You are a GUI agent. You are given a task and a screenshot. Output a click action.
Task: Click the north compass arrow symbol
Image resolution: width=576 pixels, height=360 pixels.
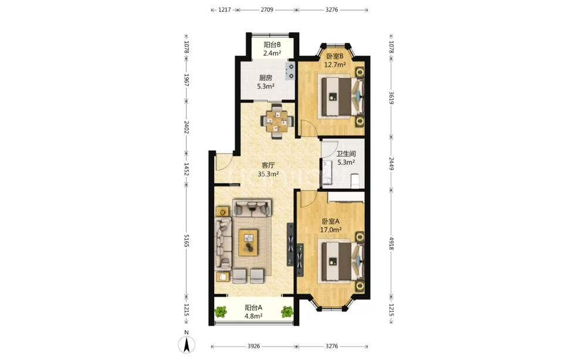tap(187, 345)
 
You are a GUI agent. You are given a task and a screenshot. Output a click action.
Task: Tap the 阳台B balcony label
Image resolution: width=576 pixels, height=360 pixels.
tap(272, 45)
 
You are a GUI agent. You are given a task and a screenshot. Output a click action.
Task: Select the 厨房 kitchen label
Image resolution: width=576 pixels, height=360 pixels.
tap(266, 78)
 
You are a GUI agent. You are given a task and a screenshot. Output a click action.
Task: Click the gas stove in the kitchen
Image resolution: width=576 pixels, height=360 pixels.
tap(290, 71)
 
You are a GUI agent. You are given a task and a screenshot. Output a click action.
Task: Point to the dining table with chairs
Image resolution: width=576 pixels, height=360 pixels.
tap(277, 121)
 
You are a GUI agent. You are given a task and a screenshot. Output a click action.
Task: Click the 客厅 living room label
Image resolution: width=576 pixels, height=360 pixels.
tap(268, 165)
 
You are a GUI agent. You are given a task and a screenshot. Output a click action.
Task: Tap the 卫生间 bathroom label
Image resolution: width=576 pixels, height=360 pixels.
tap(345, 154)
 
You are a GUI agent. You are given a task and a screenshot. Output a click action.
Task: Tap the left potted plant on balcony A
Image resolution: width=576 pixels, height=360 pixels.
tap(221, 312)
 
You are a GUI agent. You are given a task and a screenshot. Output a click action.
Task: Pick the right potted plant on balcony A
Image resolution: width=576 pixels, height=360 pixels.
tap(287, 312)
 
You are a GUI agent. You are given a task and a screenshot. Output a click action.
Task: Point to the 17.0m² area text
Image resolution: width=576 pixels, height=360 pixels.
tap(331, 230)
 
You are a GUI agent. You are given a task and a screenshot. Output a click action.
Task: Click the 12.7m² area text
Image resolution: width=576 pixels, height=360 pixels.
tap(335, 65)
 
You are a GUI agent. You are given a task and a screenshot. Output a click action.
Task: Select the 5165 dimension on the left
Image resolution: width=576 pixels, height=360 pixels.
tap(186, 240)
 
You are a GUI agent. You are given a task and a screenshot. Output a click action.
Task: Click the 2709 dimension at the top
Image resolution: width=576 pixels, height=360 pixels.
tap(267, 10)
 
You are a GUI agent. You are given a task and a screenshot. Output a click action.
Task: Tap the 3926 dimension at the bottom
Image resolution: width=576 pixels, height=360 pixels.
tap(254, 346)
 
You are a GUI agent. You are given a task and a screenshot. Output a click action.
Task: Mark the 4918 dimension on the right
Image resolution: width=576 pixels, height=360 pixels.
tap(391, 243)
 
